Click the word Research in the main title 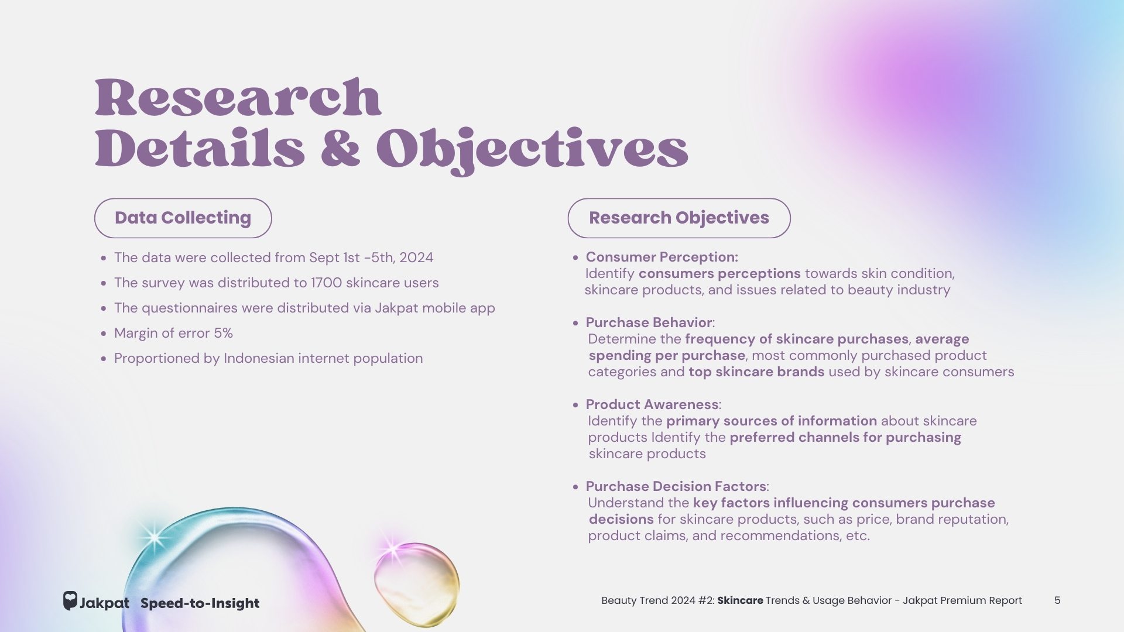pos(238,98)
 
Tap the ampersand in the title pos(340,149)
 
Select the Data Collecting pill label pos(183,218)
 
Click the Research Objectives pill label pos(679,218)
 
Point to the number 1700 pos(326,283)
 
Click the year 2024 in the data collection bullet pos(416,257)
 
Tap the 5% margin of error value pos(223,333)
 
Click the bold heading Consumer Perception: pos(662,257)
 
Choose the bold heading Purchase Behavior pos(649,322)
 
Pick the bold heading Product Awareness pos(652,404)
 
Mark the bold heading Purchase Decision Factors pos(676,486)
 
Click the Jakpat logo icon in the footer pos(70,601)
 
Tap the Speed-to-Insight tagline pos(200,603)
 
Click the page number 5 pos(1057,600)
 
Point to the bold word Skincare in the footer pos(740,600)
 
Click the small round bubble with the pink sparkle pos(416,584)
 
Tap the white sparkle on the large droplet pos(154,537)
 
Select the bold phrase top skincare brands pos(756,372)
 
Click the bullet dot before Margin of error pos(104,334)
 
